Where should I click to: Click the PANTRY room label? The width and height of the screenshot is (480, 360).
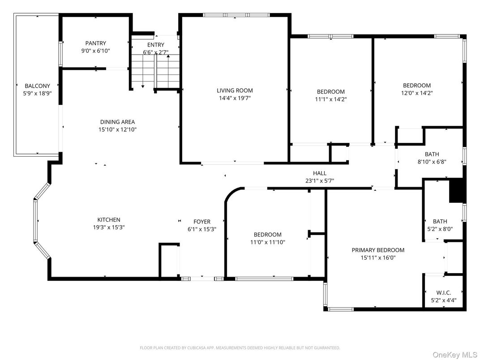click(x=96, y=43)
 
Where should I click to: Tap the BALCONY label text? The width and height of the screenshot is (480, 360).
click(x=37, y=86)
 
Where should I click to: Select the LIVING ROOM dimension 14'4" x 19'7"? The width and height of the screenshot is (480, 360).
click(x=235, y=98)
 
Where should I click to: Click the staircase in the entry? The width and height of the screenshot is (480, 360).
click(x=155, y=72)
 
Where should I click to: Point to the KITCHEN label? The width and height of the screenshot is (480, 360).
click(x=109, y=219)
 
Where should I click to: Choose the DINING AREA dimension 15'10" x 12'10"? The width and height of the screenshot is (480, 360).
click(x=117, y=129)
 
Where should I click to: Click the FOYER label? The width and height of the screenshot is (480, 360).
click(x=202, y=222)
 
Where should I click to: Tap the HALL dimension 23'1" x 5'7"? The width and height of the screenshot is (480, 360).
click(x=319, y=181)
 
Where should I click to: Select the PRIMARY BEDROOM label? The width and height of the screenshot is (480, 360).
click(x=378, y=250)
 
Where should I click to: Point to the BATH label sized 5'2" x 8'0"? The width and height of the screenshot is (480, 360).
click(x=440, y=221)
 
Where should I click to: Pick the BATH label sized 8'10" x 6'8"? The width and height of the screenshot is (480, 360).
click(x=432, y=154)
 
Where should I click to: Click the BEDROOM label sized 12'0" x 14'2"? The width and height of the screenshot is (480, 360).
click(x=417, y=86)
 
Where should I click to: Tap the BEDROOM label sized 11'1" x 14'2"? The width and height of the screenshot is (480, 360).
click(x=331, y=92)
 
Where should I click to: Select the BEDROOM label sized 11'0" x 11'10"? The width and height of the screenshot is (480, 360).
click(x=268, y=235)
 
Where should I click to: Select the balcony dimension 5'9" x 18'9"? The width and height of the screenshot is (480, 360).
click(x=37, y=93)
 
